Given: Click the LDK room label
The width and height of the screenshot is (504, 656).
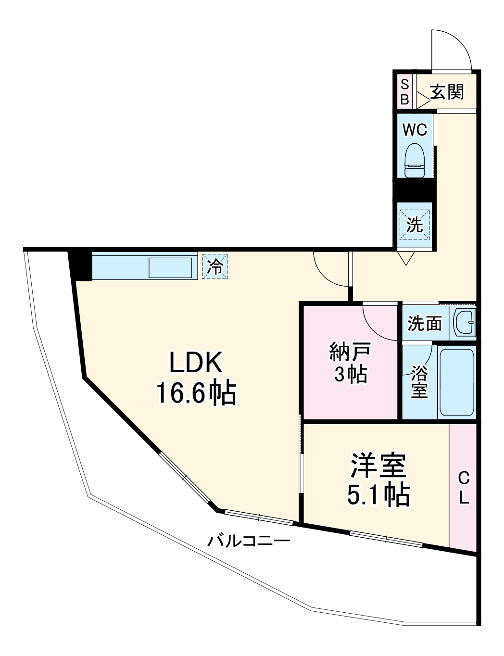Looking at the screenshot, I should (196, 363).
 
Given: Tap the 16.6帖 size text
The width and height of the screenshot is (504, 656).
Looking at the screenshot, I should (196, 393).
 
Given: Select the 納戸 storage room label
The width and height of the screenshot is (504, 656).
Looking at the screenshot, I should (350, 352).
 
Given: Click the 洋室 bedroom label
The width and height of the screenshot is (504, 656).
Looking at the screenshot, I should (378, 465).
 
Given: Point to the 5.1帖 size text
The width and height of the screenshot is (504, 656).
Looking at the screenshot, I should (378, 494).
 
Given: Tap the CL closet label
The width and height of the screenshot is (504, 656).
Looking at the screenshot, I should (463, 488).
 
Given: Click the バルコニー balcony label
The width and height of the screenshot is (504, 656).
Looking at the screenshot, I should (249, 542).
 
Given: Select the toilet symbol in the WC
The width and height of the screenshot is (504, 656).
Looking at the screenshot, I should (415, 161).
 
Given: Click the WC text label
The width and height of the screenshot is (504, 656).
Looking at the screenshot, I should (415, 129).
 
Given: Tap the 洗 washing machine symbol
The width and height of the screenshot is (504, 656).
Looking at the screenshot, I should (415, 225).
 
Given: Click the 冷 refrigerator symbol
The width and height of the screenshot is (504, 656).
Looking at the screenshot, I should (215, 266).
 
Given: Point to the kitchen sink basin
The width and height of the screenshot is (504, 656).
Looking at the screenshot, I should (171, 267).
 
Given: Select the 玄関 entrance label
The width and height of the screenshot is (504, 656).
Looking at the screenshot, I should (447, 91).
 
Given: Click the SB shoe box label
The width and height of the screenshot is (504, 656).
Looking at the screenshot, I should (404, 92).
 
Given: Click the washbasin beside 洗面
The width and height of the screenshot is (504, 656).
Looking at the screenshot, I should (464, 322).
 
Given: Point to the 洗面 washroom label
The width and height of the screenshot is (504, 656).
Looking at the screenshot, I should (424, 324).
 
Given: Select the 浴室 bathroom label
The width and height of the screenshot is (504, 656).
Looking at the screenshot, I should (419, 382).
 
